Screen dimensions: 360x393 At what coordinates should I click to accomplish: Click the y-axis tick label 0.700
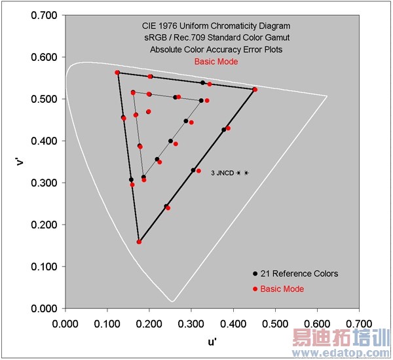coord(43,15)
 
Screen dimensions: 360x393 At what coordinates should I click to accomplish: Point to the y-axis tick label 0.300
coord(43,183)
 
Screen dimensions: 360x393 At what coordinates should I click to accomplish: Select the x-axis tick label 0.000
coord(65,323)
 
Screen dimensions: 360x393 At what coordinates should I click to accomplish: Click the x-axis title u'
coord(212,340)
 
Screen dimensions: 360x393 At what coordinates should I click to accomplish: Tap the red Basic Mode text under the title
coord(215,62)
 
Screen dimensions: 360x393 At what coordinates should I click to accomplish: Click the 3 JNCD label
coord(222,173)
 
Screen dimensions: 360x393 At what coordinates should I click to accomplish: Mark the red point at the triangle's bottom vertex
coord(139,242)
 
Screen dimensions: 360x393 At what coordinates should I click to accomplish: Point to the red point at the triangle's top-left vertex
coord(117,73)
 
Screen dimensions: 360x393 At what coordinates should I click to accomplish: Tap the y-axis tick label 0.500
coord(43,99)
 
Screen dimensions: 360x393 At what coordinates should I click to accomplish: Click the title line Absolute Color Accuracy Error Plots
coord(215,50)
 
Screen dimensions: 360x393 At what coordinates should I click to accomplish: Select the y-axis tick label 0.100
coord(43,266)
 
